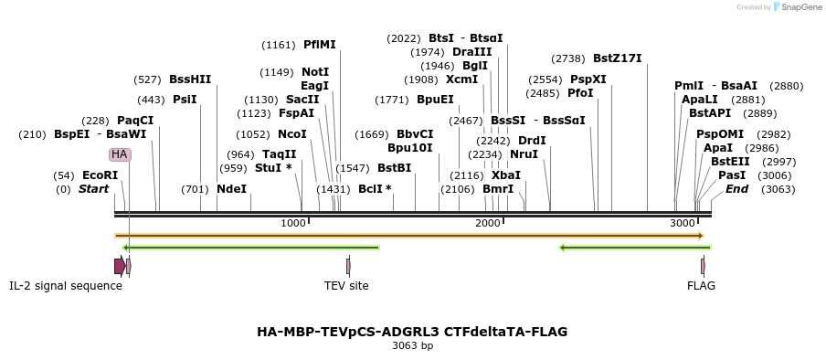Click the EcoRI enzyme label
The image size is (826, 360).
click(x=100, y=175)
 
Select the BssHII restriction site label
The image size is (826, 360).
click(x=190, y=79)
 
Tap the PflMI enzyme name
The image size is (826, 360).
click(x=319, y=45)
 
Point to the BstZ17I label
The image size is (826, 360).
click(x=617, y=58)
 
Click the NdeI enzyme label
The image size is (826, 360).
click(x=231, y=189)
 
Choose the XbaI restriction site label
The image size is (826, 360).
click(x=505, y=175)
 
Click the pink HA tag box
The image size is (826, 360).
click(x=120, y=154)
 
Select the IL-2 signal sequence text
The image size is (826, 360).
click(x=66, y=286)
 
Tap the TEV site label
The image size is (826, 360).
click(x=346, y=286)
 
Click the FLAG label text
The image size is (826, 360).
click(x=702, y=286)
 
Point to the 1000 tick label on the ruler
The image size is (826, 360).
click(x=293, y=224)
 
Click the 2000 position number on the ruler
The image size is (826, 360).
click(x=489, y=224)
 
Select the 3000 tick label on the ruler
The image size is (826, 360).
click(x=683, y=224)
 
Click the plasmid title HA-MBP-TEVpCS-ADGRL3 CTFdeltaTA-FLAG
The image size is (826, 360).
click(x=412, y=332)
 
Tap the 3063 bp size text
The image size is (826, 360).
click(x=412, y=346)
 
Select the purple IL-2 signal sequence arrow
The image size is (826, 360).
click(x=120, y=266)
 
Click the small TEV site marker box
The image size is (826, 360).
click(x=348, y=266)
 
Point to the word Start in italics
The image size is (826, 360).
click(x=93, y=189)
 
